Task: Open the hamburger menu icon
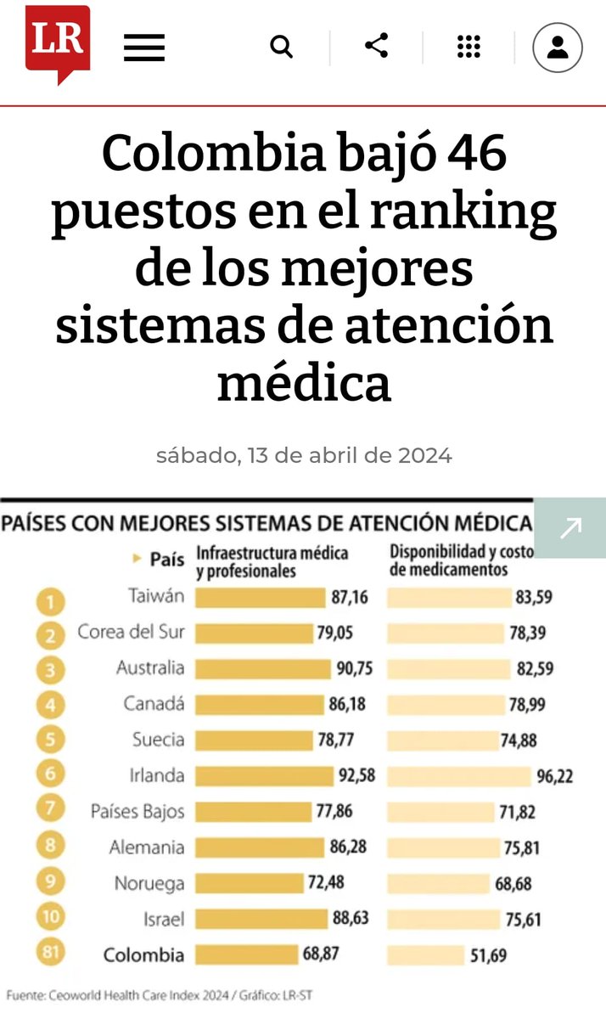coord(143,47)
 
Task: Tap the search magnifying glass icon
coord(281,46)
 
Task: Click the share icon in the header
coord(376,46)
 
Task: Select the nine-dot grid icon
coord(469,46)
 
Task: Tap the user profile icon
coord(557,47)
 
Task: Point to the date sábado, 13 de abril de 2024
coord(304,455)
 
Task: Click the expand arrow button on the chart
coord(570,527)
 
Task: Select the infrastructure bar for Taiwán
coord(260,597)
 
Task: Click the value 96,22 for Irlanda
coord(555,775)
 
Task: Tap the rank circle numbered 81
coord(52,954)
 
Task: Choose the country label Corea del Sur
coord(131,633)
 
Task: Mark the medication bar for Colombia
coord(424,954)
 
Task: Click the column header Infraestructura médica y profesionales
coord(272,561)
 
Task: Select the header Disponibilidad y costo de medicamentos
coord(462,560)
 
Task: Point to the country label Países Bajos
coord(137,811)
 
